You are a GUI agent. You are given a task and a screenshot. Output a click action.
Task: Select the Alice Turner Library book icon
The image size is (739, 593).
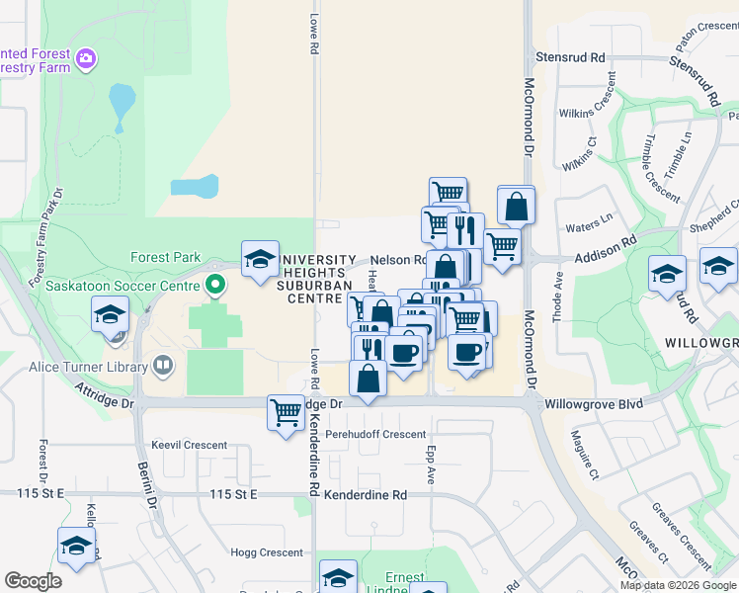point(163,367)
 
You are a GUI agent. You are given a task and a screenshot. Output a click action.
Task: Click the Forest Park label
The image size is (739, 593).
point(165,257)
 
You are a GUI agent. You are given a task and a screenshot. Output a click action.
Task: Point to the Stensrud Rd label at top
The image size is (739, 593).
point(570,58)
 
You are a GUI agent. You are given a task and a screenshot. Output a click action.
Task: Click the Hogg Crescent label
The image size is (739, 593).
point(267,552)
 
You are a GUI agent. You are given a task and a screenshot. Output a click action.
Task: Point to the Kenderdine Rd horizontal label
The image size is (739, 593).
point(371,494)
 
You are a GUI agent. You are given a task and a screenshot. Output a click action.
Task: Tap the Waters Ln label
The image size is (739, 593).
point(589,227)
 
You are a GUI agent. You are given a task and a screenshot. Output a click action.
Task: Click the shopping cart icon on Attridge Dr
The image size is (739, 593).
point(286,411)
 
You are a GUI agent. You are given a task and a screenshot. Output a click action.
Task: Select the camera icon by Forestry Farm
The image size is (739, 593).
point(87,59)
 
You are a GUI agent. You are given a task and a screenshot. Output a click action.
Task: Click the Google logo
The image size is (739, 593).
point(33,581)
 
